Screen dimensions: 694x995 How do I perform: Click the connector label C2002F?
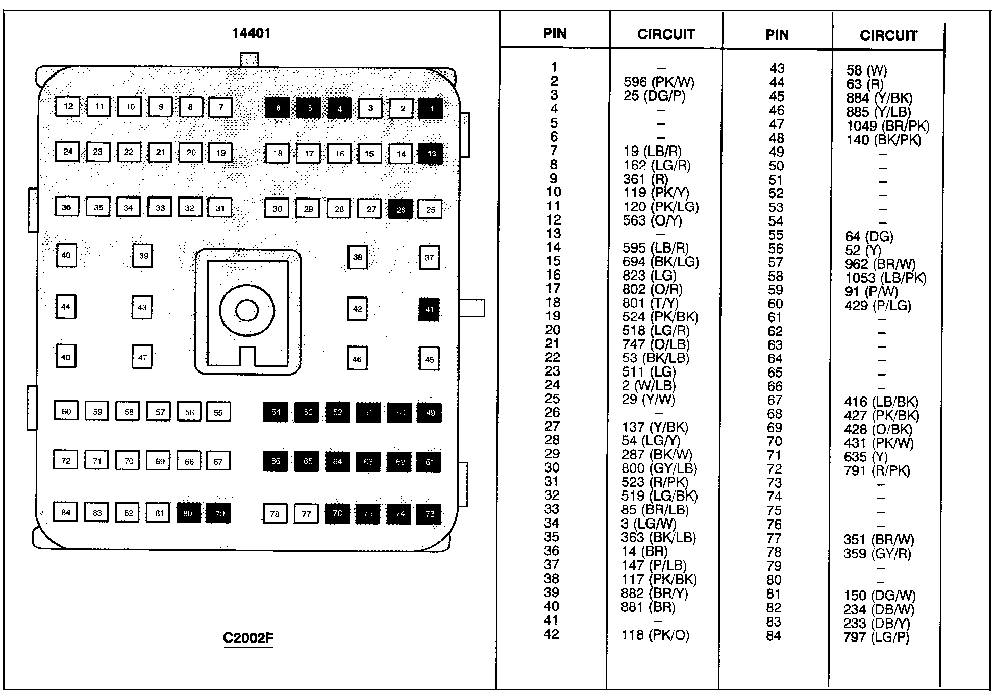coord(248,638)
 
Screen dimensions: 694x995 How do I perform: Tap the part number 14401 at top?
coord(251,33)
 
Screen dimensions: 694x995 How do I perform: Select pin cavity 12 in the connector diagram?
coord(68,107)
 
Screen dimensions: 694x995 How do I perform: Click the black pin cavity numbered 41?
coord(429,309)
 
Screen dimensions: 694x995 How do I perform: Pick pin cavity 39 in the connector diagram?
coord(143,256)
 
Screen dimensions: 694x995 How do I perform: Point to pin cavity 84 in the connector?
coord(66,512)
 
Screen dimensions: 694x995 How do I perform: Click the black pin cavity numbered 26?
coord(401,209)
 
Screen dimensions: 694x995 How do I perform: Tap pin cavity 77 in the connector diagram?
coord(306,514)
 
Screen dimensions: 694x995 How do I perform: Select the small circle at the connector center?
coord(247,310)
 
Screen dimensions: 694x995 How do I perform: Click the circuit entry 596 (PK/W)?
coord(659,82)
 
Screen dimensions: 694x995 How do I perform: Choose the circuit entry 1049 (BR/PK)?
coord(887,126)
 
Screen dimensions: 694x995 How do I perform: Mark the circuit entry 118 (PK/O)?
coord(655,635)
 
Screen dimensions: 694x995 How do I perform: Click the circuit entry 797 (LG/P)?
coord(876,637)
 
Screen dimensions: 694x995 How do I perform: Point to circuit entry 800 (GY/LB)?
coord(659,468)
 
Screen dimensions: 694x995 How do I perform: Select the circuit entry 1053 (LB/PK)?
coord(885,278)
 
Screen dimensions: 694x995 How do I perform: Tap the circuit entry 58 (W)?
coord(866,70)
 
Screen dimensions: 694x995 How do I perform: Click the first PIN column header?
coord(555,34)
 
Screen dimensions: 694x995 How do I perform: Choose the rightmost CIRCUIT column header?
coord(888,35)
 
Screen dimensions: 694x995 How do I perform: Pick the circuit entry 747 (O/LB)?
coord(656,344)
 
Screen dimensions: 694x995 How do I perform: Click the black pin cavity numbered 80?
coord(188,513)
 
